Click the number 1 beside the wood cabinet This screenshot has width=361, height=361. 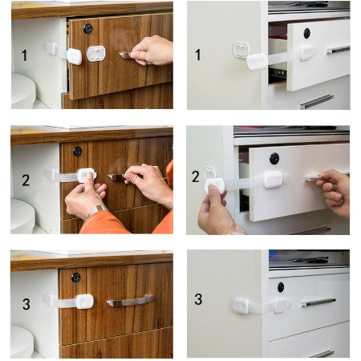[24, 55]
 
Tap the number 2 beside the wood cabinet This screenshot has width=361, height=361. [26, 180]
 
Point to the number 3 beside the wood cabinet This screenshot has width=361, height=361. [26, 304]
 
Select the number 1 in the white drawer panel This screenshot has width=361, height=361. [198, 55]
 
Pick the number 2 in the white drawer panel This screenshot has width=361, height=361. [196, 176]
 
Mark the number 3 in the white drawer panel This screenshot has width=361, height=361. [198, 299]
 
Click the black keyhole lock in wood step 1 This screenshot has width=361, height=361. [88, 29]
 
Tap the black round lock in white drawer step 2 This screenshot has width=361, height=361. [274, 159]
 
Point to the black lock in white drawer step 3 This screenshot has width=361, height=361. [281, 287]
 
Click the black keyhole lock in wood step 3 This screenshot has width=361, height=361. [76, 278]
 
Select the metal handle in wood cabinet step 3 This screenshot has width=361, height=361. [130, 301]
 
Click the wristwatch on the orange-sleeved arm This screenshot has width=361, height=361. [95, 211]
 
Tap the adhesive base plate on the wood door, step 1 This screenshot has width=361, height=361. [96, 54]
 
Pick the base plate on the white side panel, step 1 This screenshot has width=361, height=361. [241, 50]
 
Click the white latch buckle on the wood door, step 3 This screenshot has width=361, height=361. [84, 302]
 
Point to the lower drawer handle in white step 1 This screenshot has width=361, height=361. [317, 102]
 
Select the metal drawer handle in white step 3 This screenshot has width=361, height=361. [318, 302]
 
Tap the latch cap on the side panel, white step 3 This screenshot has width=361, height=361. [241, 306]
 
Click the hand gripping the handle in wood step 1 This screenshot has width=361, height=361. [152, 51]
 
